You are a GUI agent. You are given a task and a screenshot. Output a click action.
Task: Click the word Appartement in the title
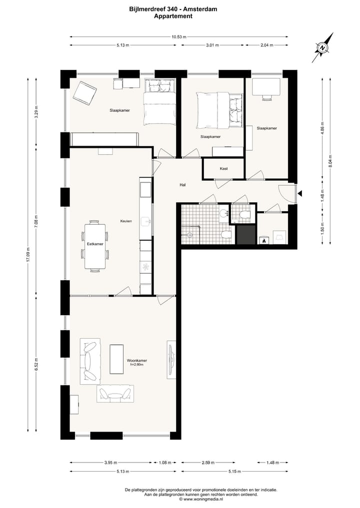(x=173, y=16)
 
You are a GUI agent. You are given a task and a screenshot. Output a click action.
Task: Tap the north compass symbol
(x=323, y=48)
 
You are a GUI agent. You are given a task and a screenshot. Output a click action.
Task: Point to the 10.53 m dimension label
(x=178, y=37)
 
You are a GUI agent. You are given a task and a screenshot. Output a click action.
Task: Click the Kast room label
(x=223, y=169)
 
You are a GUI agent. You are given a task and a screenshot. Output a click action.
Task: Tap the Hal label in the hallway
(x=182, y=185)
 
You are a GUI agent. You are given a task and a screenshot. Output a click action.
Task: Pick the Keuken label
(x=125, y=221)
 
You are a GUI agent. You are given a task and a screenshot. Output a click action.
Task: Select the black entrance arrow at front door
(x=299, y=193)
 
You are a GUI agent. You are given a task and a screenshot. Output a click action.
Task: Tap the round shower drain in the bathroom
(x=190, y=234)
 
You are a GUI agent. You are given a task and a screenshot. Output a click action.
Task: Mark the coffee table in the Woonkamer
(x=117, y=359)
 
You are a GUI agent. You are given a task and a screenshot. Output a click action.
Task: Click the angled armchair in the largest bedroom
(x=84, y=93)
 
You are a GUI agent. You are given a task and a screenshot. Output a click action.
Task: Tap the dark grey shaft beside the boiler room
(x=245, y=235)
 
